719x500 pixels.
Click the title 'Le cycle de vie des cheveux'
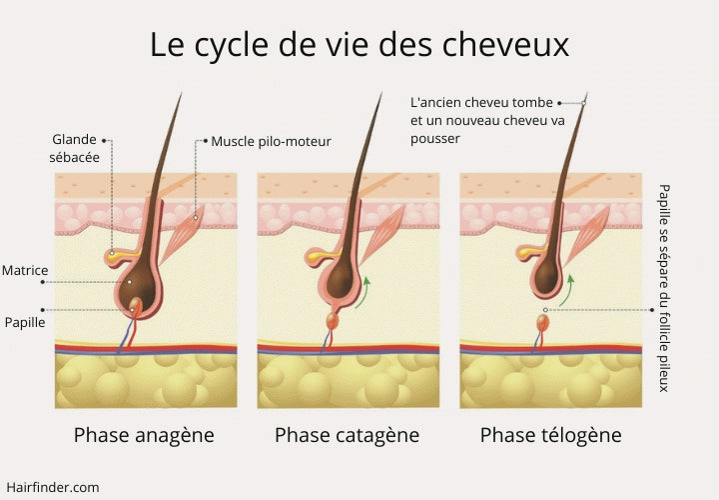(359, 45)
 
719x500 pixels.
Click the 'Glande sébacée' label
(76, 148)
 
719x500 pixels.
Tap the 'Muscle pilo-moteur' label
(271, 141)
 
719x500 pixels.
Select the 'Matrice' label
(25, 271)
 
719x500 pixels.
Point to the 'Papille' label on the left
(23, 322)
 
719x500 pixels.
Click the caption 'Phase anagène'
(144, 435)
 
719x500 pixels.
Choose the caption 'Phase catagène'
(347, 435)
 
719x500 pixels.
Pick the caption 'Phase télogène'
(550, 435)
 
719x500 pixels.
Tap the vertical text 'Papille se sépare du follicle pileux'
(663, 287)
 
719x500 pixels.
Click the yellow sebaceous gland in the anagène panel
(120, 257)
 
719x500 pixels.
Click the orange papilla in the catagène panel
(333, 322)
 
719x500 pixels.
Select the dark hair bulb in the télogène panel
(546, 277)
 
